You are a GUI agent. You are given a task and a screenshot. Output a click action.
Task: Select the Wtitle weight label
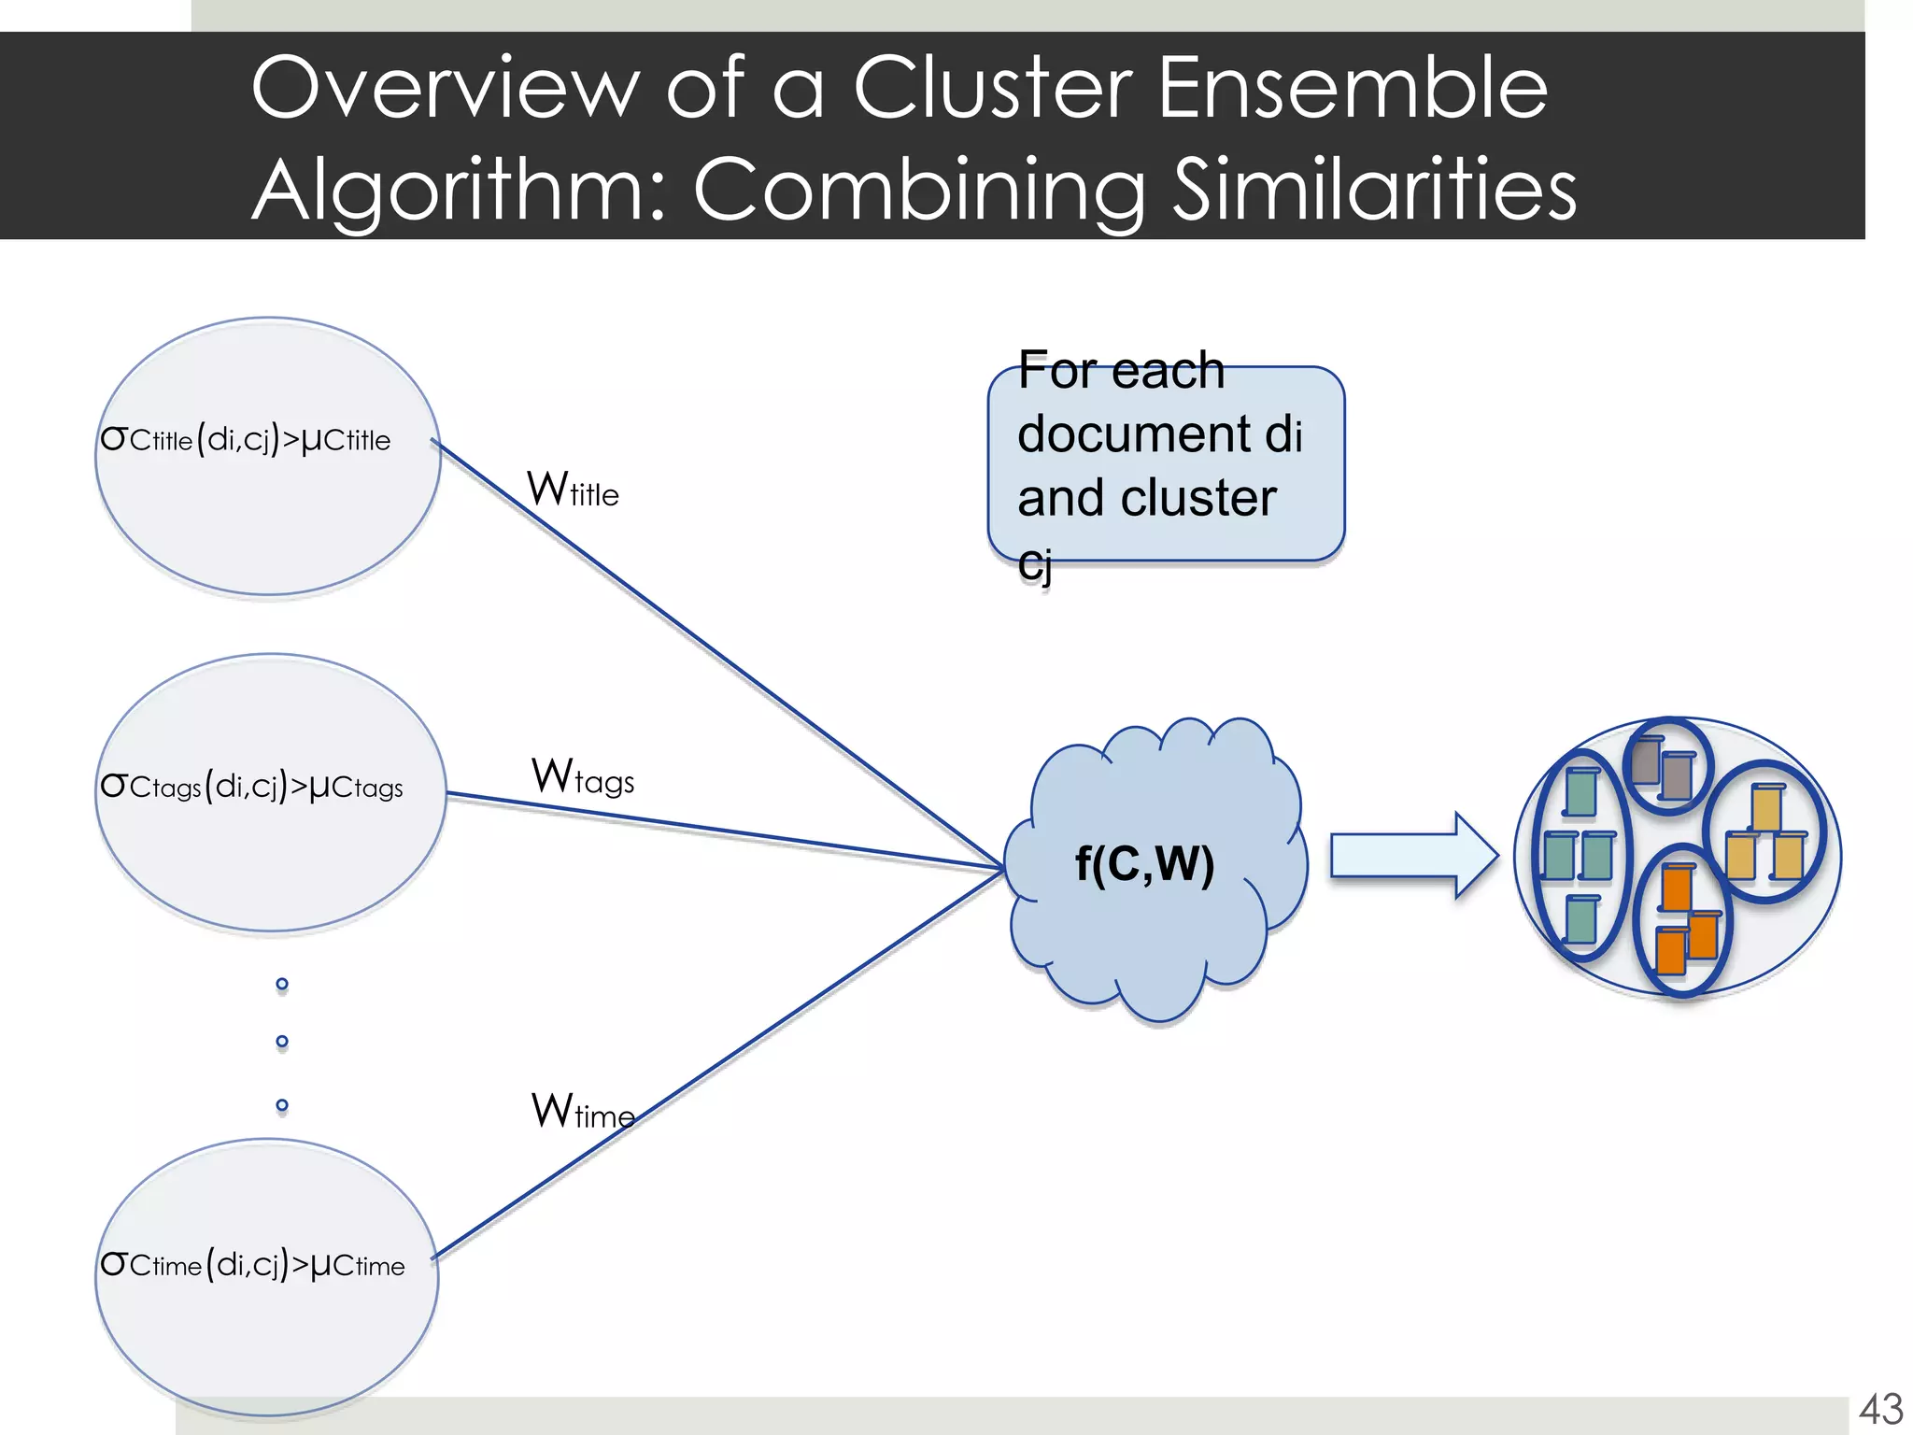pyautogui.click(x=573, y=490)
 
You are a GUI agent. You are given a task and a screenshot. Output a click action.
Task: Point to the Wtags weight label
pyautogui.click(x=583, y=777)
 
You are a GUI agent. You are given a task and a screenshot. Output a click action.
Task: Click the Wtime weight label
pyautogui.click(x=583, y=1112)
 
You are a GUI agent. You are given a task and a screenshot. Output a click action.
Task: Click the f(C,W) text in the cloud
pyautogui.click(x=1144, y=863)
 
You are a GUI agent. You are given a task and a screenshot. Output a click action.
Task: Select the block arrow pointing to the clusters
pyautogui.click(x=1413, y=856)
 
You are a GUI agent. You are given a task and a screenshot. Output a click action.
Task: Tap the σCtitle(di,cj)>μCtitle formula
pyautogui.click(x=246, y=439)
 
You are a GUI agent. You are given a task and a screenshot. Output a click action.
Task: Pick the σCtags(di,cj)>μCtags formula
pyautogui.click(x=251, y=787)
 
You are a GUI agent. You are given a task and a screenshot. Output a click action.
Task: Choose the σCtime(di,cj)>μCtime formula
pyautogui.click(x=252, y=1265)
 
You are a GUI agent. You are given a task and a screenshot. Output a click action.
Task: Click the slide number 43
pyautogui.click(x=1880, y=1409)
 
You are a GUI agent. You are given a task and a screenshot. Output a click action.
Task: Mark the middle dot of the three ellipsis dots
pyautogui.click(x=282, y=1042)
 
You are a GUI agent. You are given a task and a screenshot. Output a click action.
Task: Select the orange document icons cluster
pyautogui.click(x=1682, y=920)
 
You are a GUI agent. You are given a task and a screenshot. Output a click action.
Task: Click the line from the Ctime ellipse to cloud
pyautogui.click(x=719, y=1064)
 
